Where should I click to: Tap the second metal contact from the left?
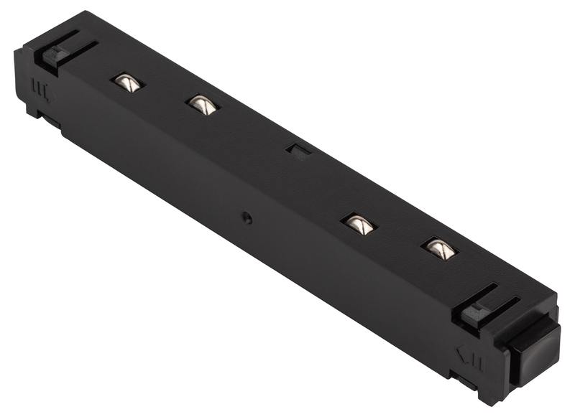click(x=202, y=105)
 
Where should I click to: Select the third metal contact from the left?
click(x=359, y=224)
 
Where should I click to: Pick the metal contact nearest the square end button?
click(x=439, y=248)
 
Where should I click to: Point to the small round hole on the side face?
click(x=247, y=217)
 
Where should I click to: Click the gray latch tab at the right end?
click(x=474, y=314)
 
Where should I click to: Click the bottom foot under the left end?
click(x=36, y=111)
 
